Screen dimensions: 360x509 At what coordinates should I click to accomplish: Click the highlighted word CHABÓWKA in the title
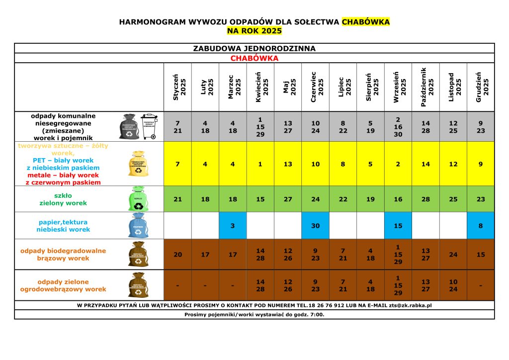click(x=366, y=22)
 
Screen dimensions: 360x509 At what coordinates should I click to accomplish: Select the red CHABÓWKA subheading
click(x=254, y=58)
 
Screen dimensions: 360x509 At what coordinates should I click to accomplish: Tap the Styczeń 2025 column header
click(x=178, y=87)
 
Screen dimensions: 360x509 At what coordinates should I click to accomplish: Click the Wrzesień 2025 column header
click(x=398, y=87)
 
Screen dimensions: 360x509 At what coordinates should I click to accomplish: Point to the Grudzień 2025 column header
click(x=481, y=87)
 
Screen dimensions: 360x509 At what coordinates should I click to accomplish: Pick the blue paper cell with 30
click(x=315, y=226)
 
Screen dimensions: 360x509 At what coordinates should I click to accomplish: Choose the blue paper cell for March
click(x=233, y=226)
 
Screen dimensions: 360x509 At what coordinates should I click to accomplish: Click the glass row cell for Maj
click(x=288, y=199)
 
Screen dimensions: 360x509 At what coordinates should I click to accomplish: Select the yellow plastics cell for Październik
click(x=425, y=164)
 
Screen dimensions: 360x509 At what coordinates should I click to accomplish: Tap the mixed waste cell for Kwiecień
click(x=260, y=127)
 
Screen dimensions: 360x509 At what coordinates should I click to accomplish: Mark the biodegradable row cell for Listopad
click(x=453, y=255)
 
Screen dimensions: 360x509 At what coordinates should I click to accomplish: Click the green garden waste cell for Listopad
click(x=453, y=285)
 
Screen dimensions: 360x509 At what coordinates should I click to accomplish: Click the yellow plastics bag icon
click(x=138, y=164)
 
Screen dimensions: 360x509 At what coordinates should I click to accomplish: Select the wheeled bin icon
click(x=149, y=126)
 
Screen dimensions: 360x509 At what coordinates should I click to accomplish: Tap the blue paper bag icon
click(x=138, y=226)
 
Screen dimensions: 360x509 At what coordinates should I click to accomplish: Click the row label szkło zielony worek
click(x=63, y=199)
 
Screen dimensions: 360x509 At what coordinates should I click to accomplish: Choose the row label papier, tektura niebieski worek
click(x=63, y=226)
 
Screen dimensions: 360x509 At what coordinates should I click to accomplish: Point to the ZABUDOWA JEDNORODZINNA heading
click(x=254, y=48)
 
